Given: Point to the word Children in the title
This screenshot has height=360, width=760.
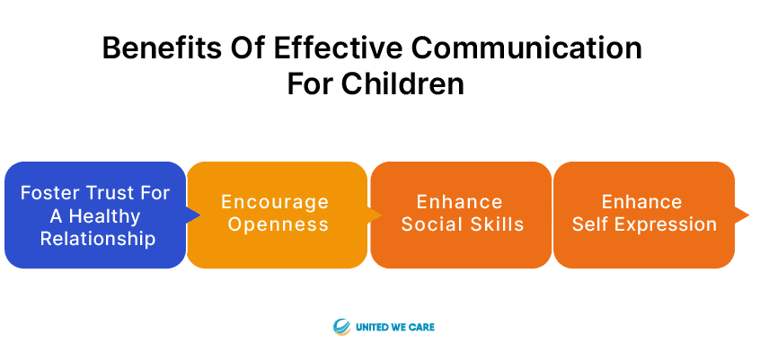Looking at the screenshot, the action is tap(403, 83).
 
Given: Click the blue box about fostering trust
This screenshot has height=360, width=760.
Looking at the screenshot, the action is tap(95, 215).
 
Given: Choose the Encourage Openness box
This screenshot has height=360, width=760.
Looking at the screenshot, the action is tap(278, 215).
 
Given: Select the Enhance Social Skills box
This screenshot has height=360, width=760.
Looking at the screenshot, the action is tap(461, 215).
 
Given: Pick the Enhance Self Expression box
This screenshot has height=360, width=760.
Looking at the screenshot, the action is tap(644, 215).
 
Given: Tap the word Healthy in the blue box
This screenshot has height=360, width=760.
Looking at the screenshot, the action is tap(105, 215).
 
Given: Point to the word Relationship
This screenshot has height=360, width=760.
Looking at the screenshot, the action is tap(98, 239).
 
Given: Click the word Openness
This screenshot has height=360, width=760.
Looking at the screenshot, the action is tap(278, 224).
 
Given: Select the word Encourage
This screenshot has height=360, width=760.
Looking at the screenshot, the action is tap(275, 202).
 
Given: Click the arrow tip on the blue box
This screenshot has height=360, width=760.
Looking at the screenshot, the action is tap(199, 215).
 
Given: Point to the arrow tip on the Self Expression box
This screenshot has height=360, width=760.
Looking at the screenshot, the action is tap(748, 215).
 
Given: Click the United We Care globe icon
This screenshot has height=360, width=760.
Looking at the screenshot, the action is tap(341, 327).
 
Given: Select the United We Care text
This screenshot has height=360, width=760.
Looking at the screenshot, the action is tap(395, 327).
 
